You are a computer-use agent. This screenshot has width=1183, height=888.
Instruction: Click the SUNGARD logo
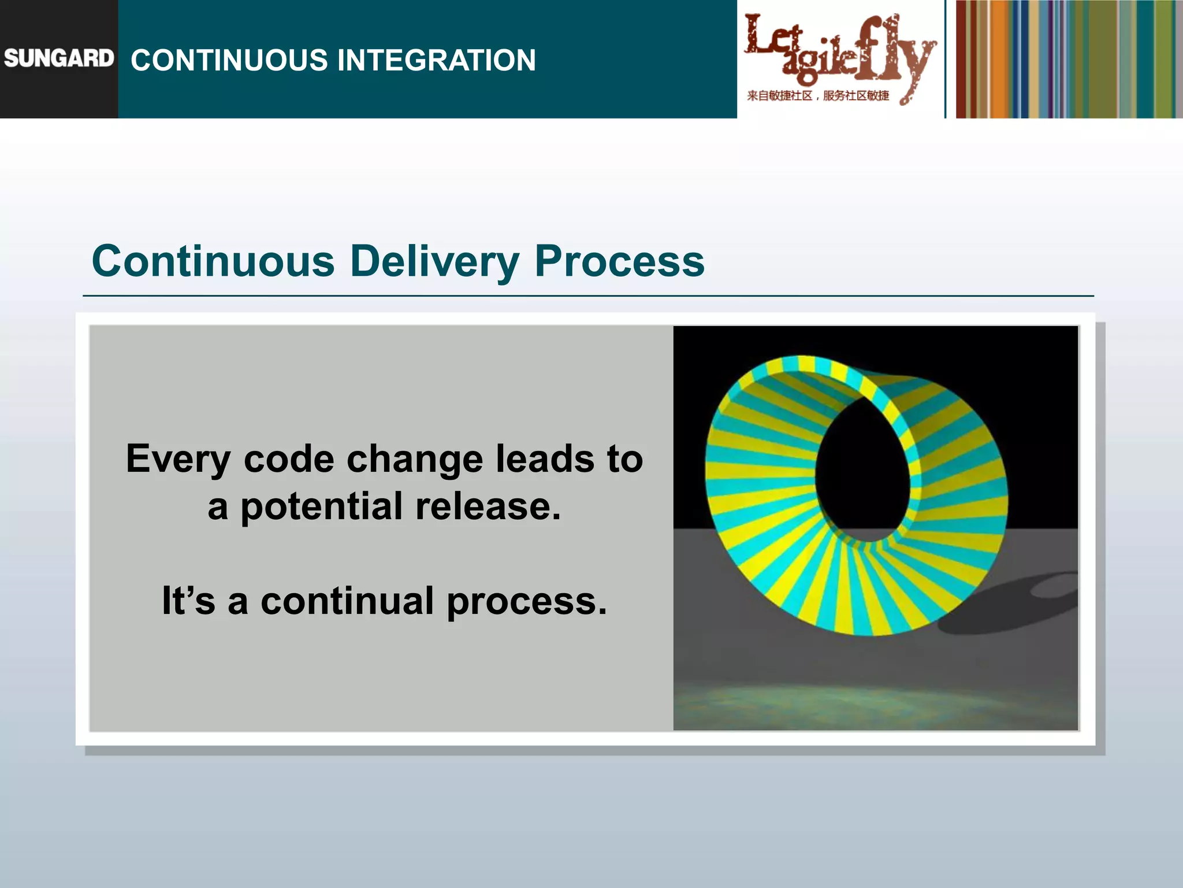pos(58,58)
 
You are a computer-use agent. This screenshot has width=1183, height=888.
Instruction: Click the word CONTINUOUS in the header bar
pos(228,60)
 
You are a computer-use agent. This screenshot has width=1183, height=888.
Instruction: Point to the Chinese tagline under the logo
pos(817,95)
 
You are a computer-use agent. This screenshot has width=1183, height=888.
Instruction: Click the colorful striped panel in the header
pos(1069,59)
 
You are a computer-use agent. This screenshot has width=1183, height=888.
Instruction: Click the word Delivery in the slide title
pos(434,261)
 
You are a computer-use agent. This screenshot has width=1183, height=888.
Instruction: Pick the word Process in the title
pos(619,261)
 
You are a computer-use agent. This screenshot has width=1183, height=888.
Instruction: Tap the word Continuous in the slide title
pos(213,261)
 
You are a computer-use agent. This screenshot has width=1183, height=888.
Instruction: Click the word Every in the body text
pos(178,459)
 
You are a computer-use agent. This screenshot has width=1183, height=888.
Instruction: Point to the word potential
pos(321,506)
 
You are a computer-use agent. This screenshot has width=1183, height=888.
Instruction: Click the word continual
pos(347,601)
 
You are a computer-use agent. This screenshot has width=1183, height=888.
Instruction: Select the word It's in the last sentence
pos(188,601)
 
